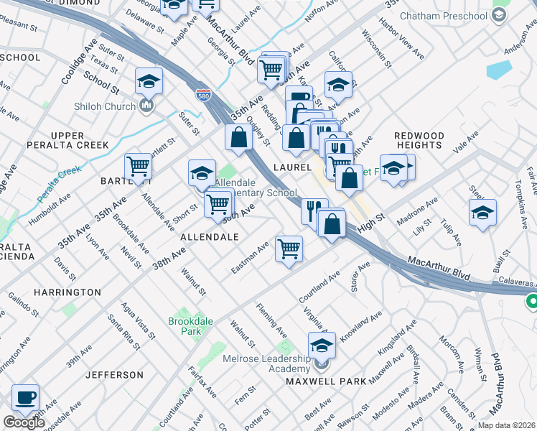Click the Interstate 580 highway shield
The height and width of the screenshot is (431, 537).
[x=204, y=95]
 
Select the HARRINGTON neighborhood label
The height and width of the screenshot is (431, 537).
[x=66, y=292]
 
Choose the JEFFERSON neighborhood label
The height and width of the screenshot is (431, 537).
[x=115, y=375]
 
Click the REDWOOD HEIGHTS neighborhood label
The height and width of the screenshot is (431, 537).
[x=419, y=140]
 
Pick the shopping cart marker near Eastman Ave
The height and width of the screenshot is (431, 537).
[x=289, y=249]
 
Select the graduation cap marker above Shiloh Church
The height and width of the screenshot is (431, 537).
[x=149, y=81]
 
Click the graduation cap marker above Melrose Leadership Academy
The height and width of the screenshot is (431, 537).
[x=322, y=346]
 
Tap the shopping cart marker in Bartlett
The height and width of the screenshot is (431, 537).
[x=138, y=167]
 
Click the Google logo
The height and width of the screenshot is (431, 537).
[x=24, y=422]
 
